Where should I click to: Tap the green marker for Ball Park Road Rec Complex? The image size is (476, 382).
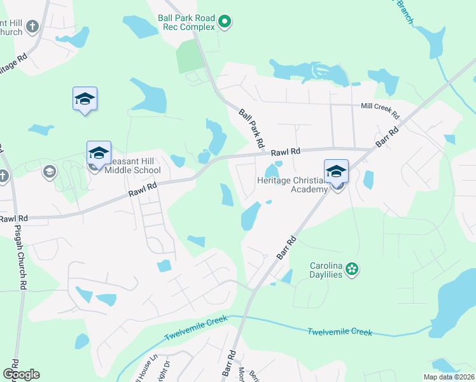point(224,23)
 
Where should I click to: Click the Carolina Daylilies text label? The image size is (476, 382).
point(326,269)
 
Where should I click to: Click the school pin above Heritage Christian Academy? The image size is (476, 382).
point(336,171)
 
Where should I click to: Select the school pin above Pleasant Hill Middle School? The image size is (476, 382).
point(99,153)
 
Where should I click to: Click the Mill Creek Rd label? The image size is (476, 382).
point(379,111)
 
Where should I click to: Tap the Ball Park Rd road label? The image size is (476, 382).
point(251,129)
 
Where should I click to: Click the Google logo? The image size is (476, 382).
point(21,374)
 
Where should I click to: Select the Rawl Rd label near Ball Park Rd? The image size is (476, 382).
point(285,152)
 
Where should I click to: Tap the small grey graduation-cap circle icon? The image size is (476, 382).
point(50,171)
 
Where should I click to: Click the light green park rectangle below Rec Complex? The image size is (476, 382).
point(188,57)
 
